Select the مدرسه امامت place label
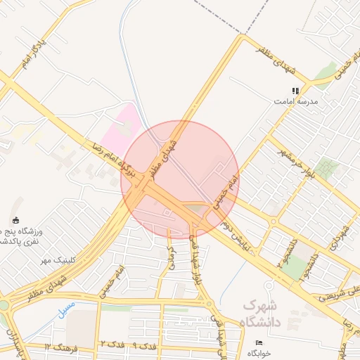coord(296,101)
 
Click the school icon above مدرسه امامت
coord(296,91)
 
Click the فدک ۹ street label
coord(146,346)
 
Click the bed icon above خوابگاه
coord(259,342)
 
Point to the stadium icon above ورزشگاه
coord(16,220)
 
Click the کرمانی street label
coord(169,257)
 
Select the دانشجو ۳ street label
coord(285,253)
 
